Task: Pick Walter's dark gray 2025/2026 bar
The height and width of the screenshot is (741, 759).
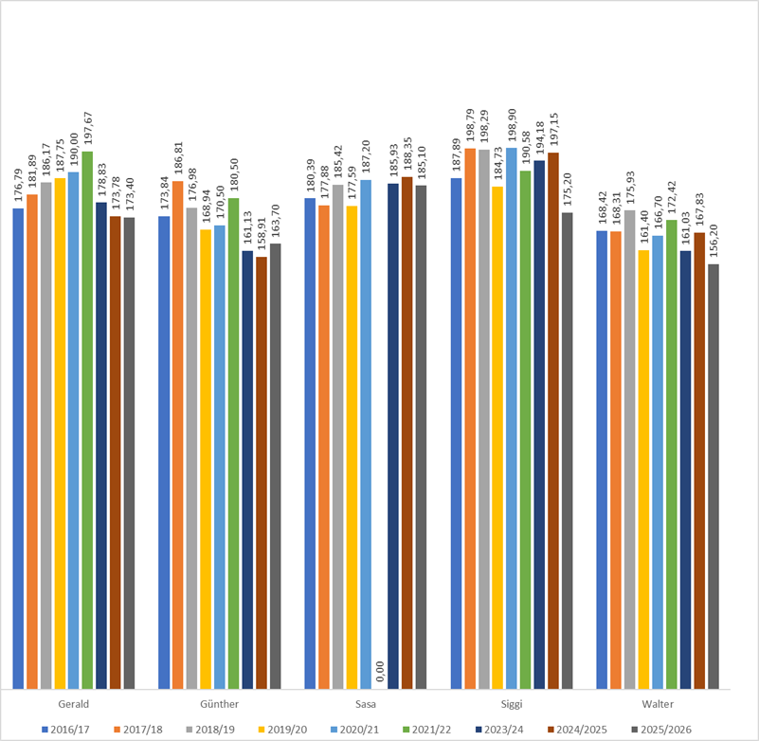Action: coord(714,474)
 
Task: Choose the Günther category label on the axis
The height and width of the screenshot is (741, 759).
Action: coord(220,704)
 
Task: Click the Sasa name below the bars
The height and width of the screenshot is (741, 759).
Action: coord(366,704)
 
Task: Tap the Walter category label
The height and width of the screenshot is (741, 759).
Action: coord(658,704)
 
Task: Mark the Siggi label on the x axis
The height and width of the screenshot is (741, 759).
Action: coord(512,704)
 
